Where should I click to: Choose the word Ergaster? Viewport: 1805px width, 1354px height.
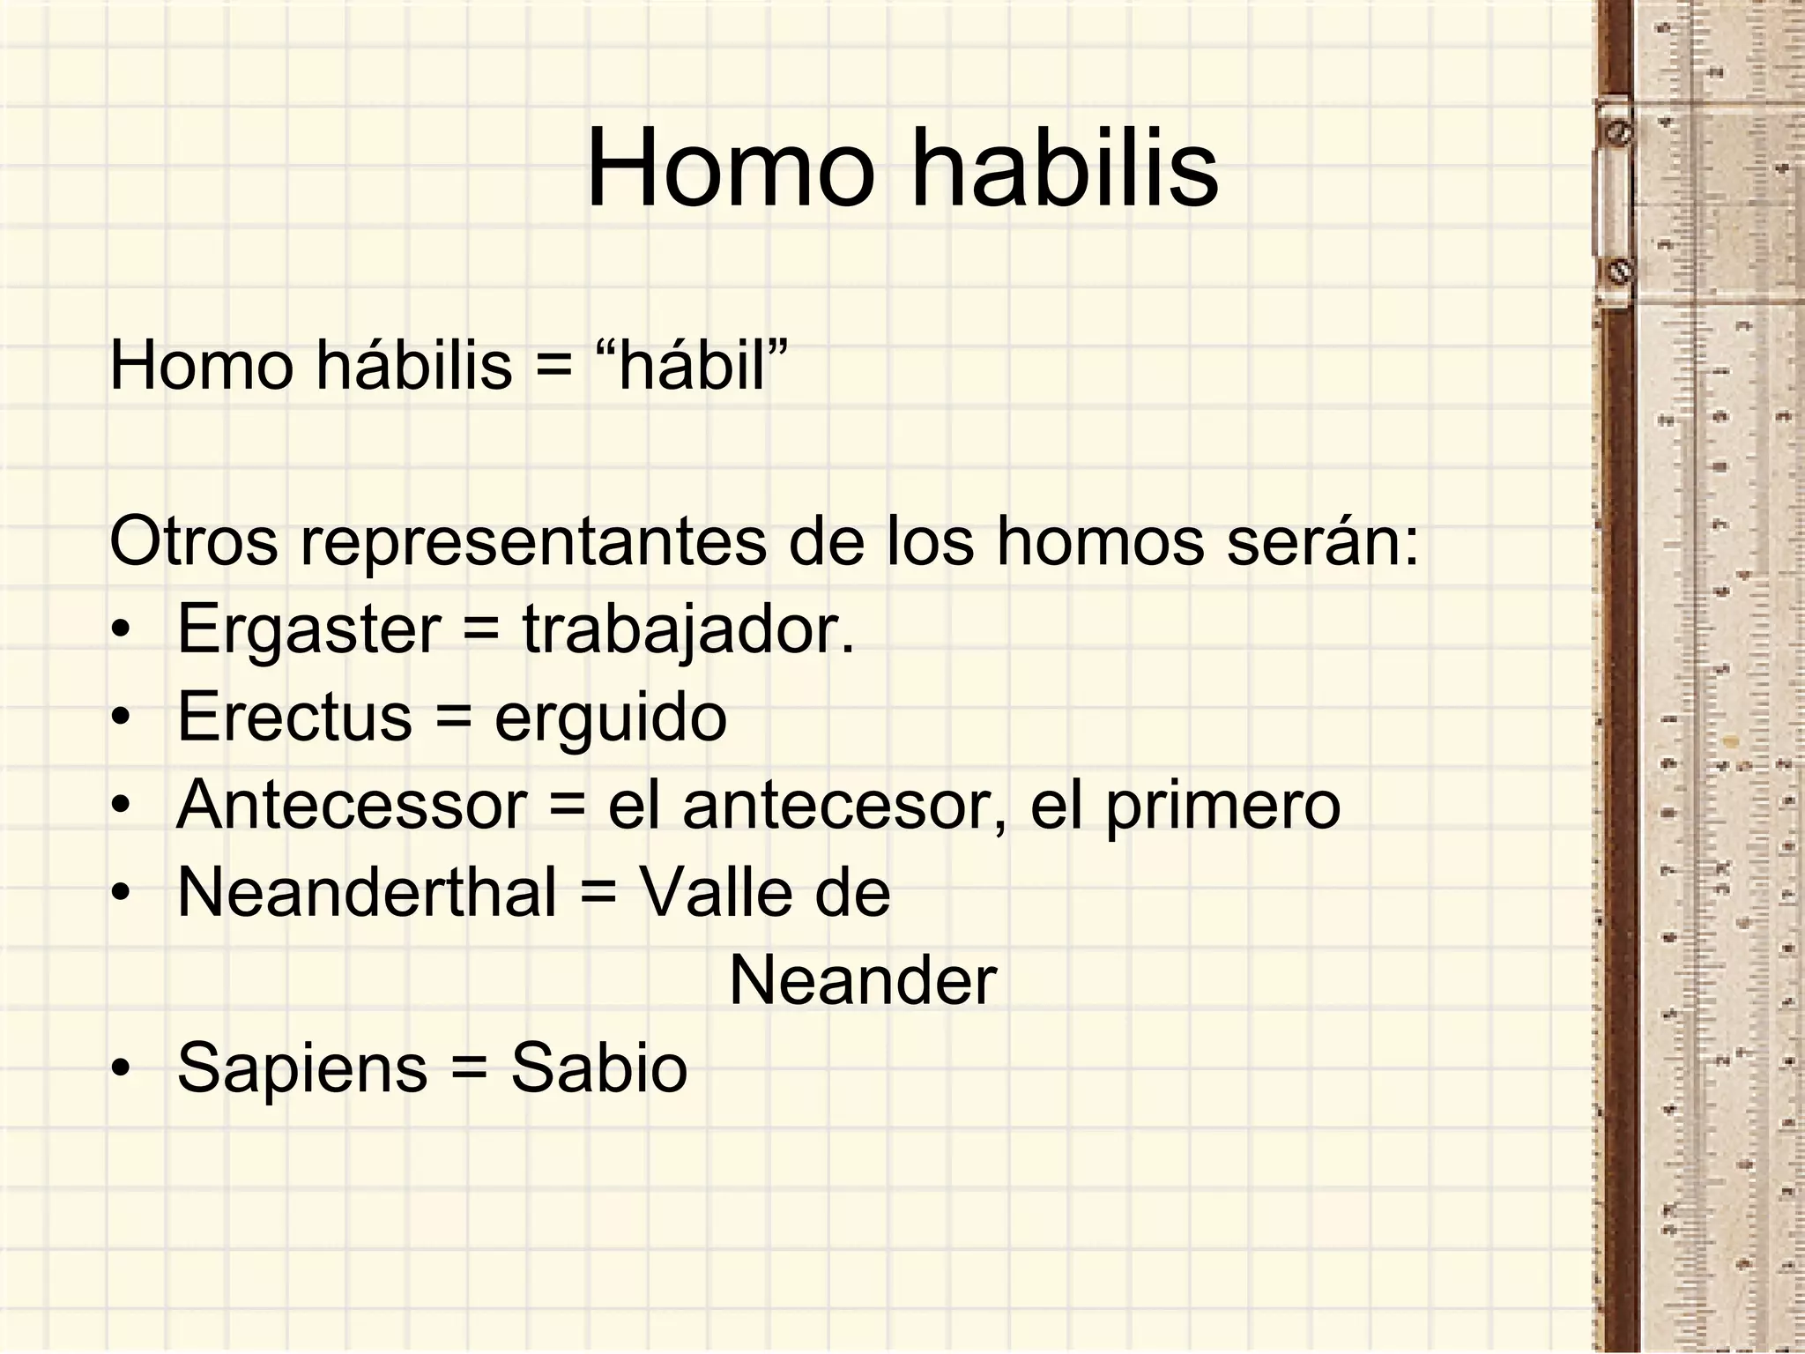pos(308,629)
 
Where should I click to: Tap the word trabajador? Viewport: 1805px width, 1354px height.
pos(688,629)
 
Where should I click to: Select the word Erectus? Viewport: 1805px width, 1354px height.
pos(294,717)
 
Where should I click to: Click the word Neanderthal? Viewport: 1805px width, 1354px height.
pos(367,892)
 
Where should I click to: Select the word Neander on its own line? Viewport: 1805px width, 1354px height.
pos(863,980)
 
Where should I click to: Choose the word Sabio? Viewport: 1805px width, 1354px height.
pos(598,1068)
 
